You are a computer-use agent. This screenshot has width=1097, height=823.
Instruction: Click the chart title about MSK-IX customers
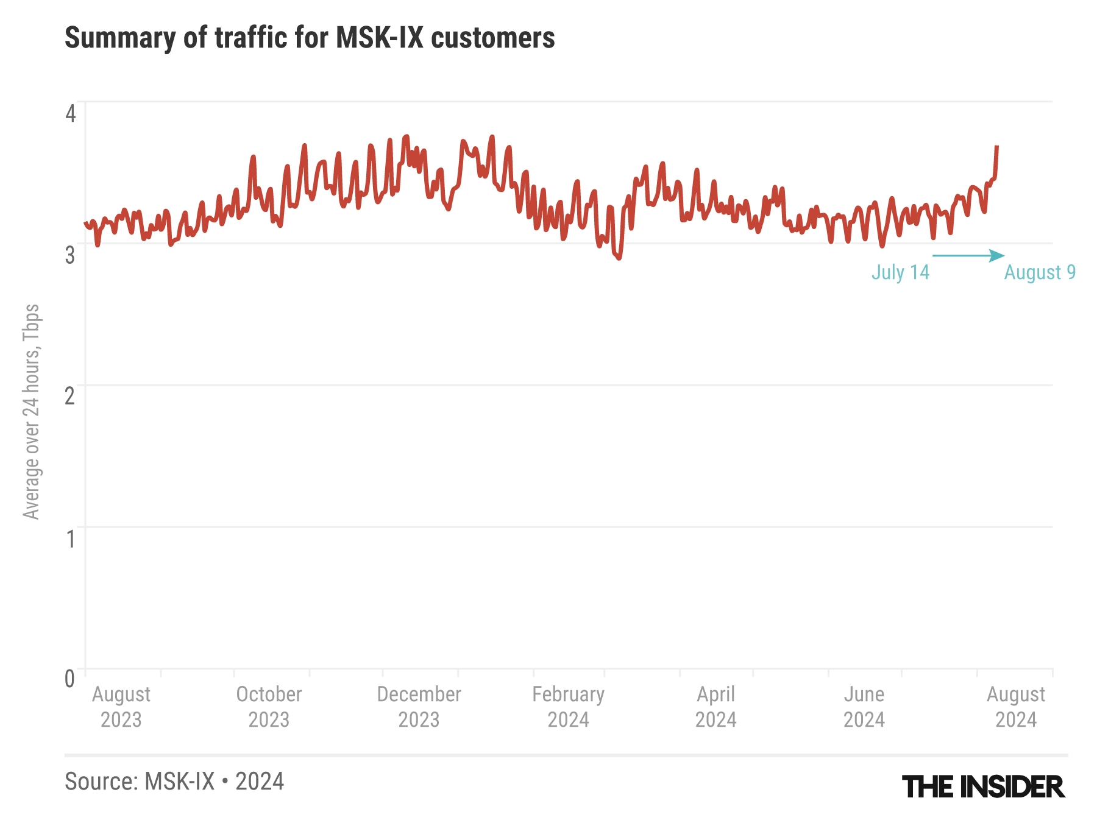pyautogui.click(x=310, y=38)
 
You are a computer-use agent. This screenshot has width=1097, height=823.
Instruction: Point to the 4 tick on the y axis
pyautogui.click(x=71, y=113)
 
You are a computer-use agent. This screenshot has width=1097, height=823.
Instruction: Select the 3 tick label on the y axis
pyautogui.click(x=71, y=255)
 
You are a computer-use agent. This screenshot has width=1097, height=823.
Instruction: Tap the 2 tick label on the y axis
pyautogui.click(x=71, y=396)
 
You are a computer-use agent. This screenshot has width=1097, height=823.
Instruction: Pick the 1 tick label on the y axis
pyautogui.click(x=71, y=539)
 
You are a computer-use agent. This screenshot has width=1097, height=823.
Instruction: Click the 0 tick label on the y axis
pyautogui.click(x=71, y=679)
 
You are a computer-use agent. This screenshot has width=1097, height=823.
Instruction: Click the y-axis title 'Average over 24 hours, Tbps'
pyautogui.click(x=31, y=412)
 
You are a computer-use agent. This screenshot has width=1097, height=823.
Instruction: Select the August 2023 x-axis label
pyautogui.click(x=121, y=707)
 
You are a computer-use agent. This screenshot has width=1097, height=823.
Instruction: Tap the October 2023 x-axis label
pyautogui.click(x=269, y=707)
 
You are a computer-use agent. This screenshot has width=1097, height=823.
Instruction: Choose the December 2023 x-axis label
pyautogui.click(x=419, y=707)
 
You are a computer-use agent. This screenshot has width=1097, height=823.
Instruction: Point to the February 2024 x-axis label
pyautogui.click(x=568, y=707)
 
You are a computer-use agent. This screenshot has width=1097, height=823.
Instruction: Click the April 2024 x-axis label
pyautogui.click(x=716, y=707)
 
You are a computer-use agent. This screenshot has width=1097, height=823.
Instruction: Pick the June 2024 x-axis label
pyautogui.click(x=864, y=707)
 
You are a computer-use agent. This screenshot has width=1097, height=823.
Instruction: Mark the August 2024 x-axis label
pyautogui.click(x=1016, y=707)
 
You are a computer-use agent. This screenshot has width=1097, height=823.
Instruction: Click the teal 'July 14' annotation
pyautogui.click(x=900, y=272)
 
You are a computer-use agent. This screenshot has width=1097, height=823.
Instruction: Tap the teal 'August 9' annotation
pyautogui.click(x=1040, y=272)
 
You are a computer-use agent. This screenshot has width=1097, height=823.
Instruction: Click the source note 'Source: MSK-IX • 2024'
pyautogui.click(x=174, y=782)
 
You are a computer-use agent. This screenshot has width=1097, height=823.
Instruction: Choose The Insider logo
pyautogui.click(x=983, y=787)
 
